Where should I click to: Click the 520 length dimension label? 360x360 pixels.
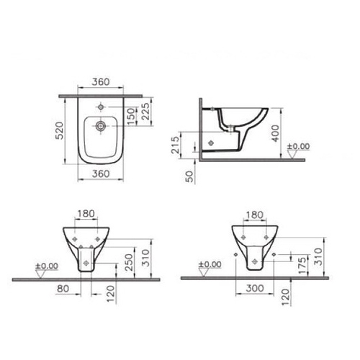(x=59, y=130)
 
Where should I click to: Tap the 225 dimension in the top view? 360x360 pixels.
(x=145, y=112)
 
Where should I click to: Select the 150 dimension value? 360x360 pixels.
(x=131, y=117)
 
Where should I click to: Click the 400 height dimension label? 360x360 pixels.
(x=276, y=133)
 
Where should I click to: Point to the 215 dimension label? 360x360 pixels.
(x=175, y=145)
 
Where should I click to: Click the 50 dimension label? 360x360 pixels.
(x=189, y=176)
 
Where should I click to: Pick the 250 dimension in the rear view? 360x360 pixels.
(x=129, y=262)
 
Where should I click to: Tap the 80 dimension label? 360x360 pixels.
(x=63, y=289)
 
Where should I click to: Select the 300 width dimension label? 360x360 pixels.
(x=255, y=288)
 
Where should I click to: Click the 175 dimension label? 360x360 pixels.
(x=303, y=266)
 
